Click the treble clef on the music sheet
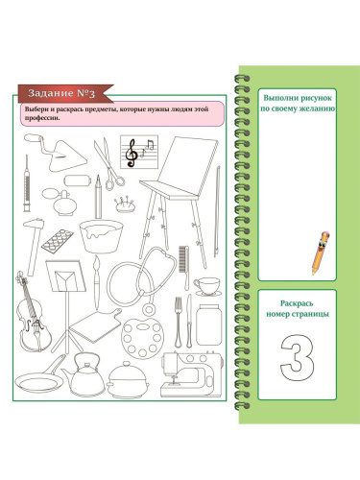tap(132, 153)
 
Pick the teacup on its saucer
tap(207, 286)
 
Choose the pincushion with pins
tap(124, 204)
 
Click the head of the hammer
tap(34, 224)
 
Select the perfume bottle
tap(60, 202)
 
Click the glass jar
tap(208, 324)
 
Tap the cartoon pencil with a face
tap(321, 252)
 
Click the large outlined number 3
tap(297, 357)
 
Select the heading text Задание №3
tap(61, 93)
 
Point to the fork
tap(179, 322)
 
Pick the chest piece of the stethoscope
tap(149, 309)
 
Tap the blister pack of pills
tap(58, 240)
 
